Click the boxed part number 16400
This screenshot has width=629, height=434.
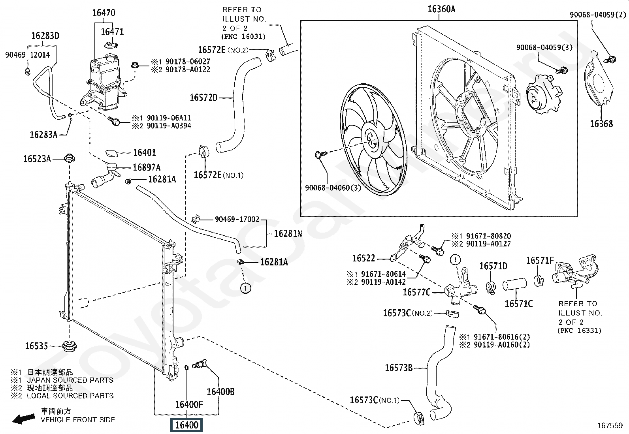coord(186,425)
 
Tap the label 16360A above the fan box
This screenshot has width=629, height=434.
coord(441,9)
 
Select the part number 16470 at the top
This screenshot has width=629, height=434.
coord(104,13)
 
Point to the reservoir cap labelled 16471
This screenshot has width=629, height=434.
coord(111,45)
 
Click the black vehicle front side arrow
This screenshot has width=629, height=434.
coord(24,419)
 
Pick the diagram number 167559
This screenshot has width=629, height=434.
coord(610,426)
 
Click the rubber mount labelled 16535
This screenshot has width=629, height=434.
coord(69,346)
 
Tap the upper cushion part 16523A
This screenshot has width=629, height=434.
coord(69,158)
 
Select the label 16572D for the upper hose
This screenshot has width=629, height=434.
coord(203,98)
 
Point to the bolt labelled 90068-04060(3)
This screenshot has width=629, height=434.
coord(320,154)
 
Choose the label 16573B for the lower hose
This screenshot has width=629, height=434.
coord(399,368)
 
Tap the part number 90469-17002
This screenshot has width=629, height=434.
coord(237,219)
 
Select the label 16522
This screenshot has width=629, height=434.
coord(363,258)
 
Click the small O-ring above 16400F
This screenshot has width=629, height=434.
coord(186,367)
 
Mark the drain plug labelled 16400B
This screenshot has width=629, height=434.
coord(200,364)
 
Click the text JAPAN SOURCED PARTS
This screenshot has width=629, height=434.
coord(70,380)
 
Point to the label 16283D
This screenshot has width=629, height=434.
coord(45,36)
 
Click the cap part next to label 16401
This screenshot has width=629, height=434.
coord(112,153)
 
